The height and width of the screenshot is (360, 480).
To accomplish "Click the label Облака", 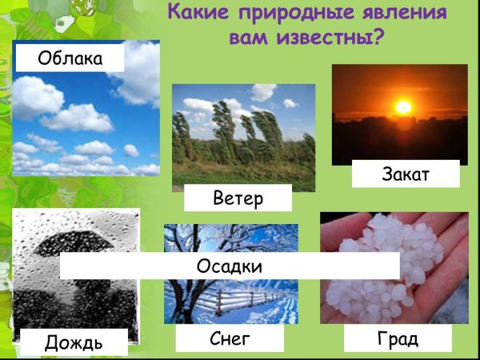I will (x=70, y=58).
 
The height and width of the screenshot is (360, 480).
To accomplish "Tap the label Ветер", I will (x=238, y=198).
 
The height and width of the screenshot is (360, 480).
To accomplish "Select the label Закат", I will (x=406, y=174).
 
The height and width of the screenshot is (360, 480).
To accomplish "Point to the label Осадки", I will (x=230, y=266).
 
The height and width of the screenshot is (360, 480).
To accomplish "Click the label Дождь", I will (x=73, y=342).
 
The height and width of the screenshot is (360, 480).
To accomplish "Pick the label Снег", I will (x=230, y=338).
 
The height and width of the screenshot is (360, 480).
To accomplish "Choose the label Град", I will (x=398, y=338).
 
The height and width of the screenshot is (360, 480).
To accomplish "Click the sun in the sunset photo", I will (x=402, y=106).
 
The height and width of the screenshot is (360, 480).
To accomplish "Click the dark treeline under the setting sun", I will (x=400, y=140).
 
